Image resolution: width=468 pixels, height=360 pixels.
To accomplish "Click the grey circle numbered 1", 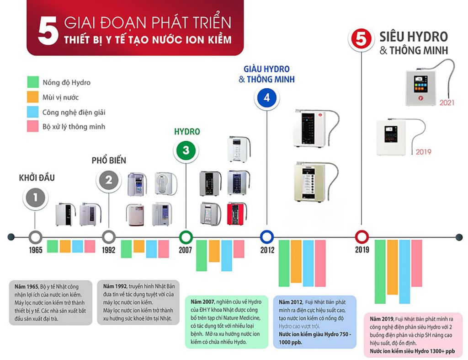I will pos(35,198).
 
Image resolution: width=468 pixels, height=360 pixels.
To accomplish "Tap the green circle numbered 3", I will pos(186,150).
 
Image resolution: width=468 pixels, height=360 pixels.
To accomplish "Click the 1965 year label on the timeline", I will pos(35,250).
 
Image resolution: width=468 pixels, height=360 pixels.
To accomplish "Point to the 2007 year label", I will pos(186,250).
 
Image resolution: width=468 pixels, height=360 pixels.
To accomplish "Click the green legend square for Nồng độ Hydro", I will pos(32,82).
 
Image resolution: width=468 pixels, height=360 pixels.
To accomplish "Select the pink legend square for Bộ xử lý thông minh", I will pos(32,126).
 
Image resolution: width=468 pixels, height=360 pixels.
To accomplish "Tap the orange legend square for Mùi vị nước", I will pos(32,97).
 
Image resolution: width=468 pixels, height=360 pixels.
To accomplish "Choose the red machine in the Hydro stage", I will pos(236,213).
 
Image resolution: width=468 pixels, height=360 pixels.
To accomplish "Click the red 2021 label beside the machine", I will pos(447,103).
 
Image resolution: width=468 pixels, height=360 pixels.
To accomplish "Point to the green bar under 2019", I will pos(380,271).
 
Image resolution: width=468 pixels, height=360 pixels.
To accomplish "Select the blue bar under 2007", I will pos(227,255).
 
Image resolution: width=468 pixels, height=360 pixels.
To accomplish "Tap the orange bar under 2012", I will pos(296,261).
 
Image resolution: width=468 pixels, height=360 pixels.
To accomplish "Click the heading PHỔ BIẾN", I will pos(109,161).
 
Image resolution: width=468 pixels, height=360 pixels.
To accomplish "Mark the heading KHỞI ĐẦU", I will pos(37,178).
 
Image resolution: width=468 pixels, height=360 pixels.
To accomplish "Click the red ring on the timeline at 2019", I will pos(362,236).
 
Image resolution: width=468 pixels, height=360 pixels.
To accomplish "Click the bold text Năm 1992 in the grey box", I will pos(114,286).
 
